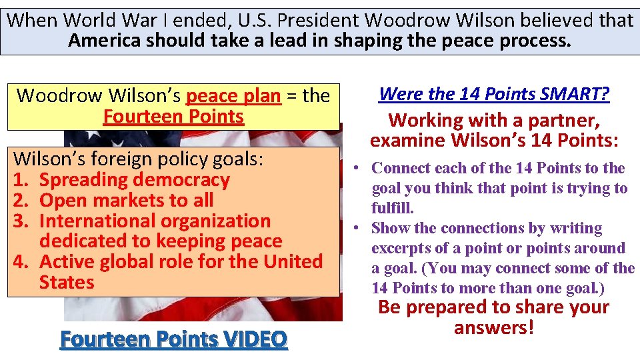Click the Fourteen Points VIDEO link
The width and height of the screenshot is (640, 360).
click(173, 339)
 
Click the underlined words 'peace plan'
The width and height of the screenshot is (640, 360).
click(233, 96)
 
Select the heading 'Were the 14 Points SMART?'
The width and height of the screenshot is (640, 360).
click(494, 94)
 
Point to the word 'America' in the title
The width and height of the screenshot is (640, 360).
click(105, 41)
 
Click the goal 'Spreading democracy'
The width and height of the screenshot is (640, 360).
click(135, 179)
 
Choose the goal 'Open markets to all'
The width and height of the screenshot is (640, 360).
click(127, 200)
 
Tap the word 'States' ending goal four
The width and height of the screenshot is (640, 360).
click(67, 282)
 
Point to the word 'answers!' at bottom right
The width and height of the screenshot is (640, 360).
click(494, 328)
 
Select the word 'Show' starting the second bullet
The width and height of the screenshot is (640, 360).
click(391, 228)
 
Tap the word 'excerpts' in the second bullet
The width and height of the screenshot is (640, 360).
click(401, 248)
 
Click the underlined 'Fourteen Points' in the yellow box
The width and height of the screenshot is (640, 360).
click(173, 117)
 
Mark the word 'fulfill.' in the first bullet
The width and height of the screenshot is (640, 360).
click(393, 208)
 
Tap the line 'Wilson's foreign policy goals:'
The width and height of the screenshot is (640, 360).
click(139, 159)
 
